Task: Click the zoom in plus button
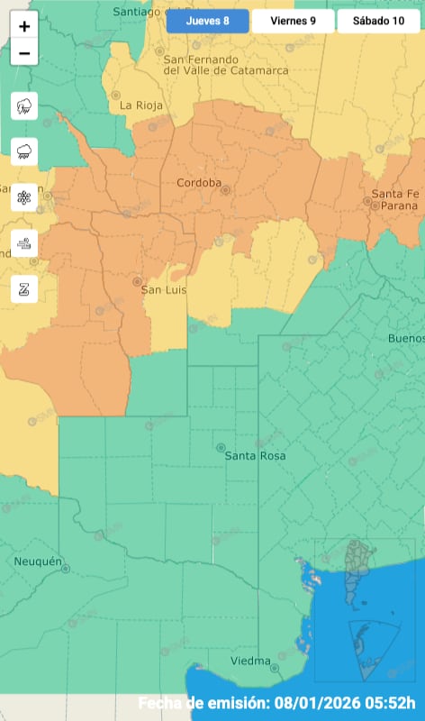click(24, 26)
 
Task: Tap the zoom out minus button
click(24, 53)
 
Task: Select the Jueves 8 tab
click(207, 21)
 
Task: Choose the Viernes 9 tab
click(293, 21)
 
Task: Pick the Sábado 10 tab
click(378, 21)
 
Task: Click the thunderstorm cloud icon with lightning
click(24, 106)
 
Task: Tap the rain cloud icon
click(24, 151)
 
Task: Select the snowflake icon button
click(24, 197)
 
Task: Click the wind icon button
click(24, 243)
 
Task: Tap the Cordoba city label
click(198, 183)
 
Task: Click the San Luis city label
click(165, 290)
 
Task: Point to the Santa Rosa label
click(255, 456)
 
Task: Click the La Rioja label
click(141, 105)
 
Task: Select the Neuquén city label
click(37, 561)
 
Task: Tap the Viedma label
click(249, 662)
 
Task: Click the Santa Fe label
click(397, 194)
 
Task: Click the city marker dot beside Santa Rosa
click(221, 447)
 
